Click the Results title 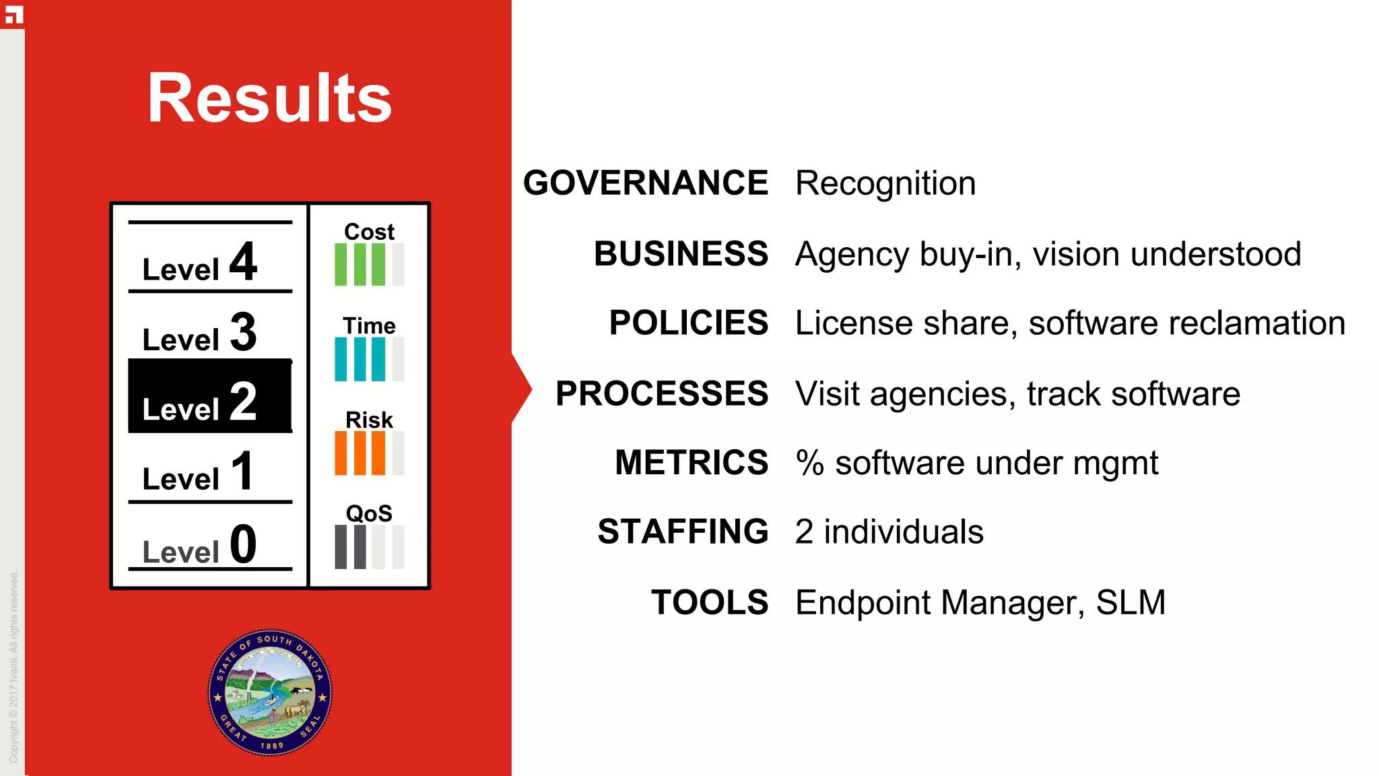click(269, 98)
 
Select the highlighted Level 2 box click(209, 396)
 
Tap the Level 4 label click(200, 263)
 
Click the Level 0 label click(200, 546)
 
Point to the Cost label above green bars click(369, 232)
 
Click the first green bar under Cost click(341, 265)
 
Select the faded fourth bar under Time click(398, 359)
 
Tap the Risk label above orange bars click(369, 420)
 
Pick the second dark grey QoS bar click(360, 547)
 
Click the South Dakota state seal click(270, 692)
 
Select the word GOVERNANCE click(645, 183)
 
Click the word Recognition click(885, 183)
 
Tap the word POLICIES click(688, 323)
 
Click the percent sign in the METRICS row click(809, 463)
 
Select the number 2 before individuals click(804, 532)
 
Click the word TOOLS click(710, 602)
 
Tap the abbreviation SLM click(1131, 602)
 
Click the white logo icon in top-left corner click(13, 14)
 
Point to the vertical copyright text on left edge click(13, 667)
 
